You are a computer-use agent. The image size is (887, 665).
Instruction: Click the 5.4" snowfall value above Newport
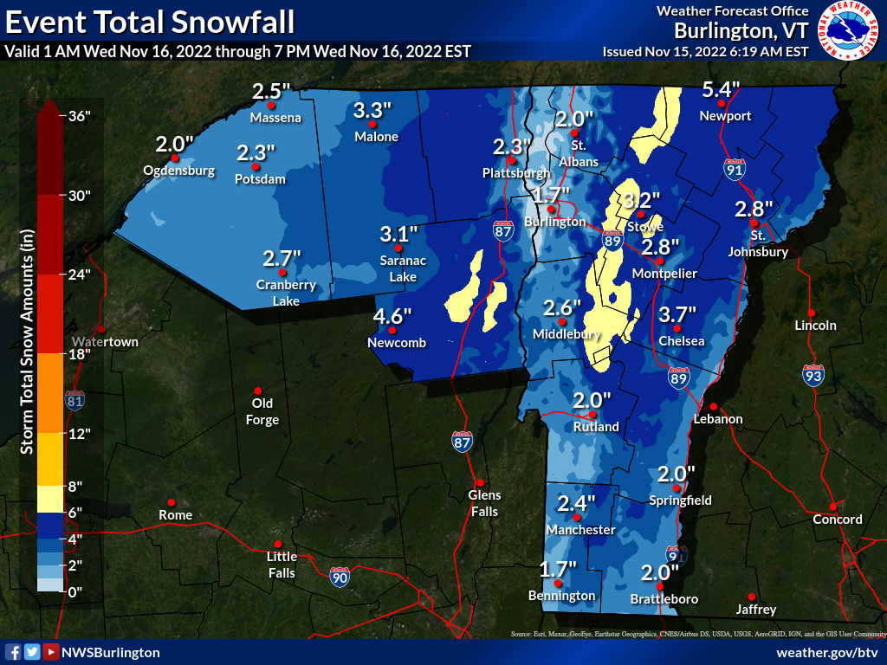(721, 89)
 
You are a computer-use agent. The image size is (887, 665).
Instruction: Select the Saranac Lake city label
(398, 268)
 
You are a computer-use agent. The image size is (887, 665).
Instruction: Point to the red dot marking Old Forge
(257, 390)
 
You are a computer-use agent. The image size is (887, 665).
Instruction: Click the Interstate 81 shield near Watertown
(74, 400)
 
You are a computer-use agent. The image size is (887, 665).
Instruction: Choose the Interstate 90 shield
(340, 577)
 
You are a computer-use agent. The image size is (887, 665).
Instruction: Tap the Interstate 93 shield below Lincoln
(813, 375)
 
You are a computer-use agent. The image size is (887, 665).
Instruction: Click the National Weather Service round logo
(848, 31)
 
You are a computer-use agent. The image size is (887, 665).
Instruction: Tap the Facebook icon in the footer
(13, 652)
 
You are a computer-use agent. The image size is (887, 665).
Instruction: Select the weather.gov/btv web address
(827, 652)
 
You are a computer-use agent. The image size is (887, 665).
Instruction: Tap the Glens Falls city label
(484, 503)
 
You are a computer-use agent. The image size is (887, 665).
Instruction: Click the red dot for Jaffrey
(751, 597)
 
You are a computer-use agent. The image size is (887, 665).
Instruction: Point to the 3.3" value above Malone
(373, 110)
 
